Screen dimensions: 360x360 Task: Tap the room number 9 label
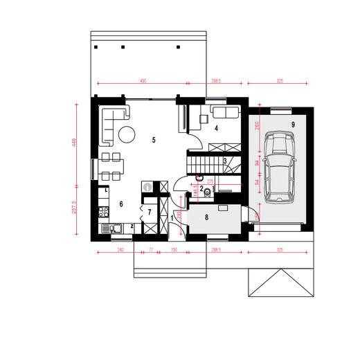[x=293, y=124]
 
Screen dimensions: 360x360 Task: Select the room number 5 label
[x=153, y=139]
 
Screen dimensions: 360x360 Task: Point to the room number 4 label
[x=216, y=129]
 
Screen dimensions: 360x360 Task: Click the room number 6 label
[x=121, y=204]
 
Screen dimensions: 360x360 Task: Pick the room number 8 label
[x=206, y=217]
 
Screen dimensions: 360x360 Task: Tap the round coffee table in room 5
[x=128, y=134]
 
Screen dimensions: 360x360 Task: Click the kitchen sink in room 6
[x=113, y=228]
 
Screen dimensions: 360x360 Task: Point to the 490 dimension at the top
[x=143, y=81]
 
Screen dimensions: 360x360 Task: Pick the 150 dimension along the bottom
[x=174, y=249]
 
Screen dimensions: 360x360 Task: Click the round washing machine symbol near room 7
[x=147, y=186]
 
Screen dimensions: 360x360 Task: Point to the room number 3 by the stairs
[x=225, y=161]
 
